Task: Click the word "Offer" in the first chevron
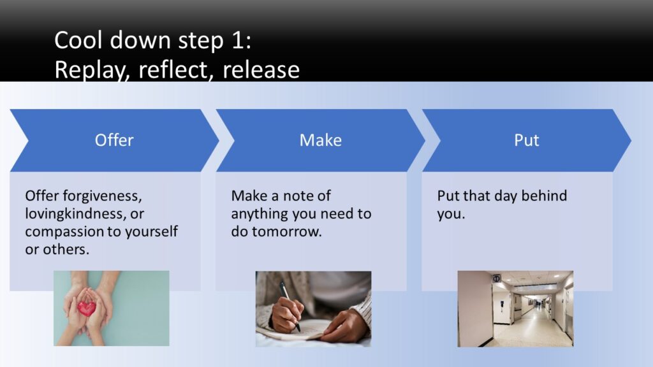(114, 140)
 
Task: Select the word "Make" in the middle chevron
(321, 140)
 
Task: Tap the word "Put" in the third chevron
(526, 140)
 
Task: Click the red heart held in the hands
(87, 308)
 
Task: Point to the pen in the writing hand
(290, 306)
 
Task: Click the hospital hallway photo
(515, 309)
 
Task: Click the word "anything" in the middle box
(260, 214)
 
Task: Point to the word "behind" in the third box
(544, 196)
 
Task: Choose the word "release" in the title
(261, 69)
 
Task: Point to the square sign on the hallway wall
(496, 279)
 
